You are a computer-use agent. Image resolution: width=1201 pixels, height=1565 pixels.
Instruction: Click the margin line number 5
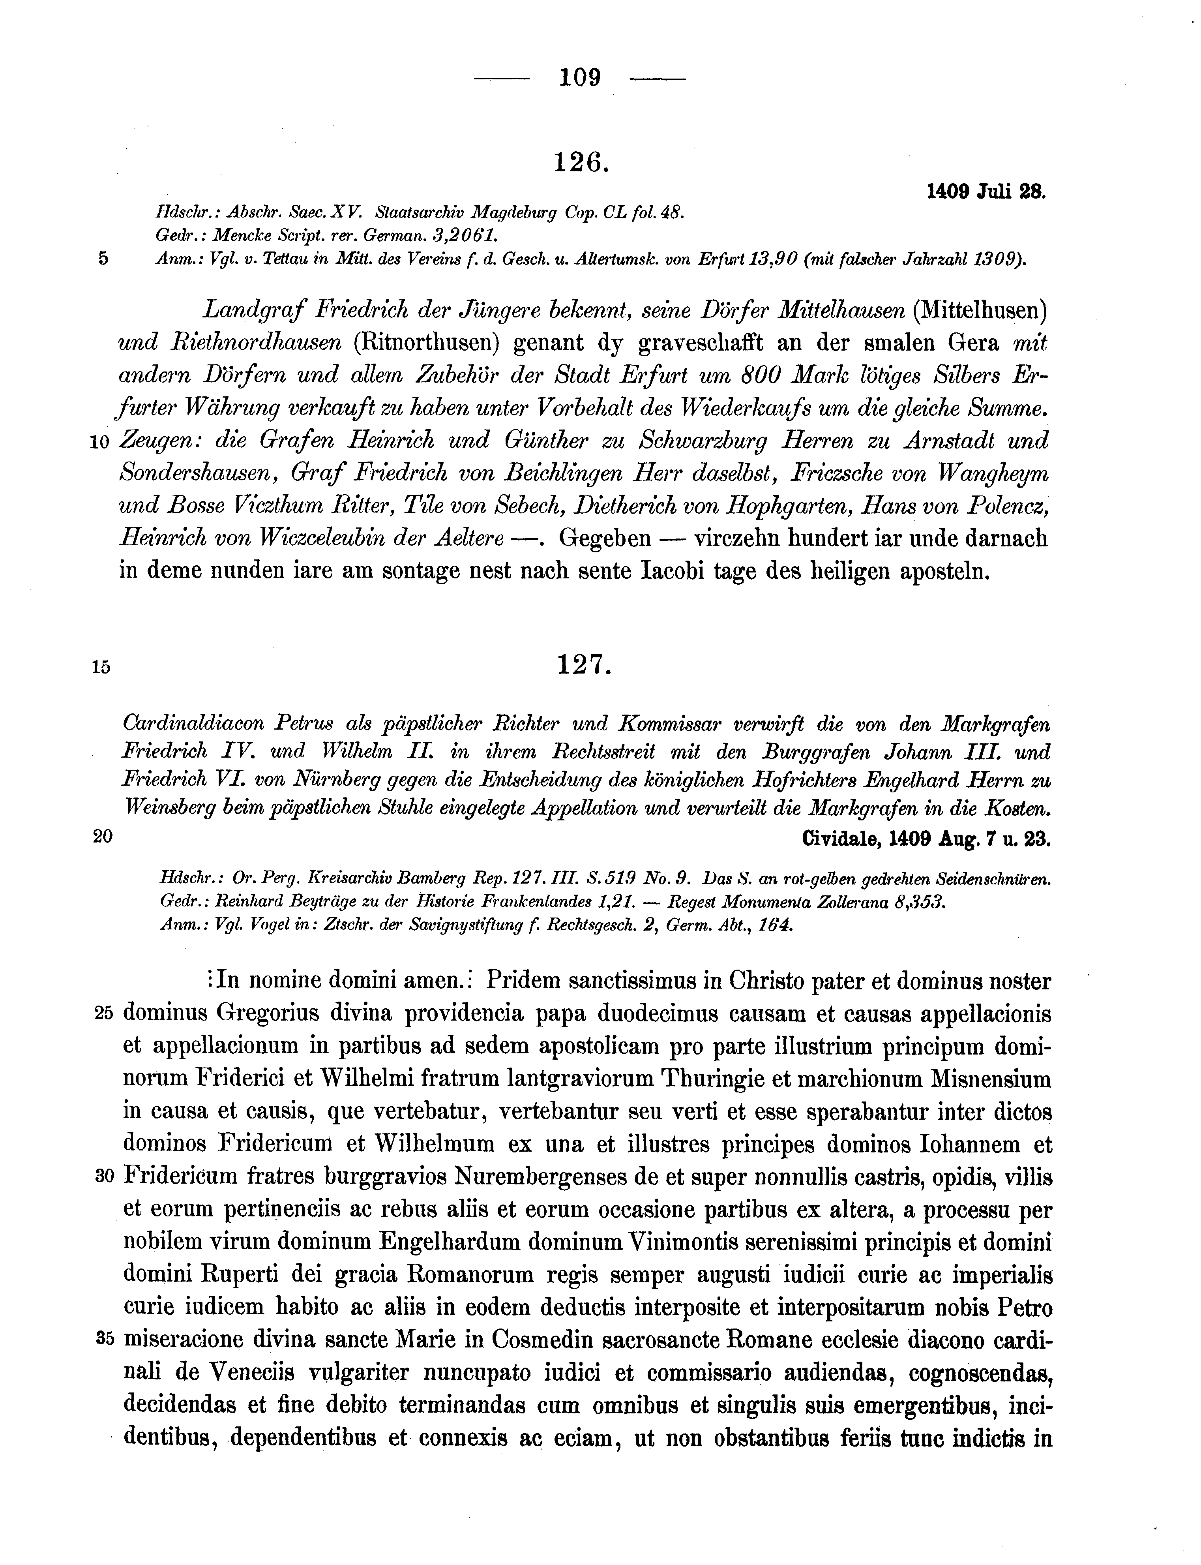pyautogui.click(x=103, y=259)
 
